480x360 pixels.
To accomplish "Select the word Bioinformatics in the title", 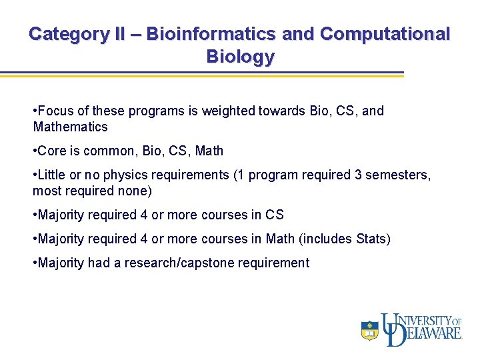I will pyautogui.click(x=211, y=33).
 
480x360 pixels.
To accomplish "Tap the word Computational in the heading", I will pyautogui.click(x=385, y=33).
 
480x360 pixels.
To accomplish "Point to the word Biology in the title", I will pyautogui.click(x=240, y=56).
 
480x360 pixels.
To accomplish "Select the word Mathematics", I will pyautogui.click(x=70, y=127).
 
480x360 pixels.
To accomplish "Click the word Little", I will pyautogui.click(x=52, y=175).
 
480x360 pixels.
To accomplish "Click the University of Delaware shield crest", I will pyautogui.click(x=369, y=330).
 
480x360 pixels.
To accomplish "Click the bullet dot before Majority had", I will pyautogui.click(x=35, y=263).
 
